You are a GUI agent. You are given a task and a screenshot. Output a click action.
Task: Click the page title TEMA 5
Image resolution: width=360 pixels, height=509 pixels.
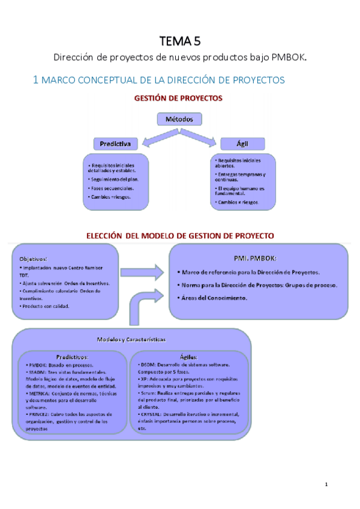(x=180, y=41)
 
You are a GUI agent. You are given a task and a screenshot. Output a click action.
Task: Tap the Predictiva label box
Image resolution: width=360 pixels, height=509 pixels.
(x=116, y=144)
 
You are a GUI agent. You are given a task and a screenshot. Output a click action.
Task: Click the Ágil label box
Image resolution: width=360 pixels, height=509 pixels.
(x=243, y=144)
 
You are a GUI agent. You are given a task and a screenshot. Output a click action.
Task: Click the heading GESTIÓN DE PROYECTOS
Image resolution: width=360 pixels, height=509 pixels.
(x=178, y=98)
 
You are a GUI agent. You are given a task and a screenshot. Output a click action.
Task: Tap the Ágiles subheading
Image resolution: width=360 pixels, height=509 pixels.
(x=189, y=356)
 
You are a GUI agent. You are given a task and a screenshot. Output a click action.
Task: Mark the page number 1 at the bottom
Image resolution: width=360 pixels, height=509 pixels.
(x=326, y=484)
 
